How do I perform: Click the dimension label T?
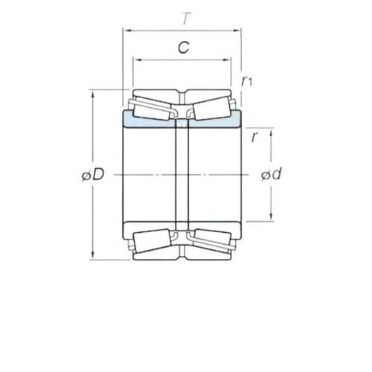[x=186, y=19]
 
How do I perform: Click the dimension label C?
[x=184, y=48]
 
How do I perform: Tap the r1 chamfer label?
[x=247, y=81]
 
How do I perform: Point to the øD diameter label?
[x=93, y=175]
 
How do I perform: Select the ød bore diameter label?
[x=272, y=173]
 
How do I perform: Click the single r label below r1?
[x=254, y=137]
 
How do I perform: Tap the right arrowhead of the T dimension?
[x=236, y=31]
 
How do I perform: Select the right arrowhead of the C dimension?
[x=227, y=60]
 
